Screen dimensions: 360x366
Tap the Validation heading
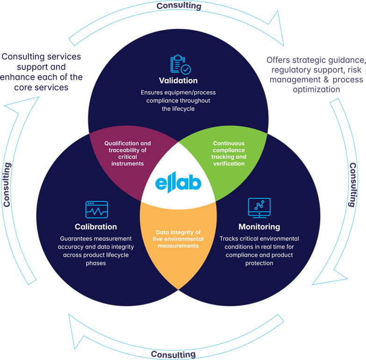click(179, 80)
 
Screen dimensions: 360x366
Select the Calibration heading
click(96, 227)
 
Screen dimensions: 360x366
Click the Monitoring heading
click(259, 227)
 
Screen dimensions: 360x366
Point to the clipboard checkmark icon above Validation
click(179, 65)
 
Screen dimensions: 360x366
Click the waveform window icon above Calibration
click(96, 210)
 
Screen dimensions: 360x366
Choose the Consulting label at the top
click(179, 6)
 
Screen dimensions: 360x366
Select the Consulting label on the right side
click(354, 185)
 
